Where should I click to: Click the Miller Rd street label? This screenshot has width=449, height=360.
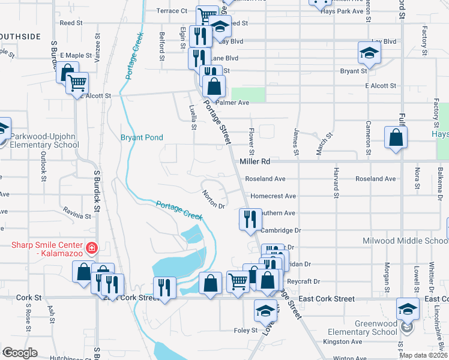click(x=255, y=162)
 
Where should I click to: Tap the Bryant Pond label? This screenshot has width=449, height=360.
click(x=142, y=137)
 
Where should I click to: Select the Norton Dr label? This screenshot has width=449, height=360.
click(x=213, y=199)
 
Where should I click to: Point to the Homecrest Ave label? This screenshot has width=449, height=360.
click(x=273, y=196)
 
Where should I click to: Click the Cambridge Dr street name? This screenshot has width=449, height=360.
click(x=280, y=230)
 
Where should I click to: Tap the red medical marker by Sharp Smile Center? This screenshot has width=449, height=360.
click(x=91, y=247)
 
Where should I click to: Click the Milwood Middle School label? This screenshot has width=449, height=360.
click(x=405, y=241)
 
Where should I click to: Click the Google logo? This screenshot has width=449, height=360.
click(x=20, y=352)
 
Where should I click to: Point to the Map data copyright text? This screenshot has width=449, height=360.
click(x=423, y=355)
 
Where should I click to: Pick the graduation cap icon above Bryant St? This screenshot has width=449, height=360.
click(x=368, y=53)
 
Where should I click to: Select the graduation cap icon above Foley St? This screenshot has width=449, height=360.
click(x=264, y=311)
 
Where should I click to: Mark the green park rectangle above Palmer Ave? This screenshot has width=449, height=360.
click(x=248, y=94)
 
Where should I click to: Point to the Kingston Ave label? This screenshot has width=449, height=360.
click(x=343, y=341)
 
